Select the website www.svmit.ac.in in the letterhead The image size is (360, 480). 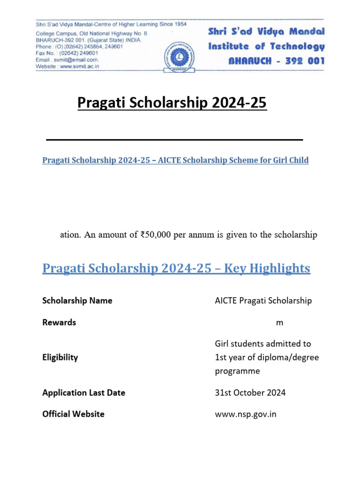(x=82, y=67)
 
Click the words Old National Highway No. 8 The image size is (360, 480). (x=109, y=34)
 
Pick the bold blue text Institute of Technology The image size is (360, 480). (x=266, y=46)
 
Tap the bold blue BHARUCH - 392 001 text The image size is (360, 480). (x=276, y=61)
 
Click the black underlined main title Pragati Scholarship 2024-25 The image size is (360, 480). (x=172, y=103)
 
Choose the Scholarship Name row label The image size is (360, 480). (x=77, y=301)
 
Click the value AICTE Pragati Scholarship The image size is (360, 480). (x=263, y=301)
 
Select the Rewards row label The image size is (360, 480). (x=59, y=322)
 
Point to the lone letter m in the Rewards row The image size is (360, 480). (x=280, y=323)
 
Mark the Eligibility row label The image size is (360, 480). (x=60, y=357)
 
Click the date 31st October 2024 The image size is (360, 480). (x=250, y=393)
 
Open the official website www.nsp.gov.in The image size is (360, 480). (x=246, y=414)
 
